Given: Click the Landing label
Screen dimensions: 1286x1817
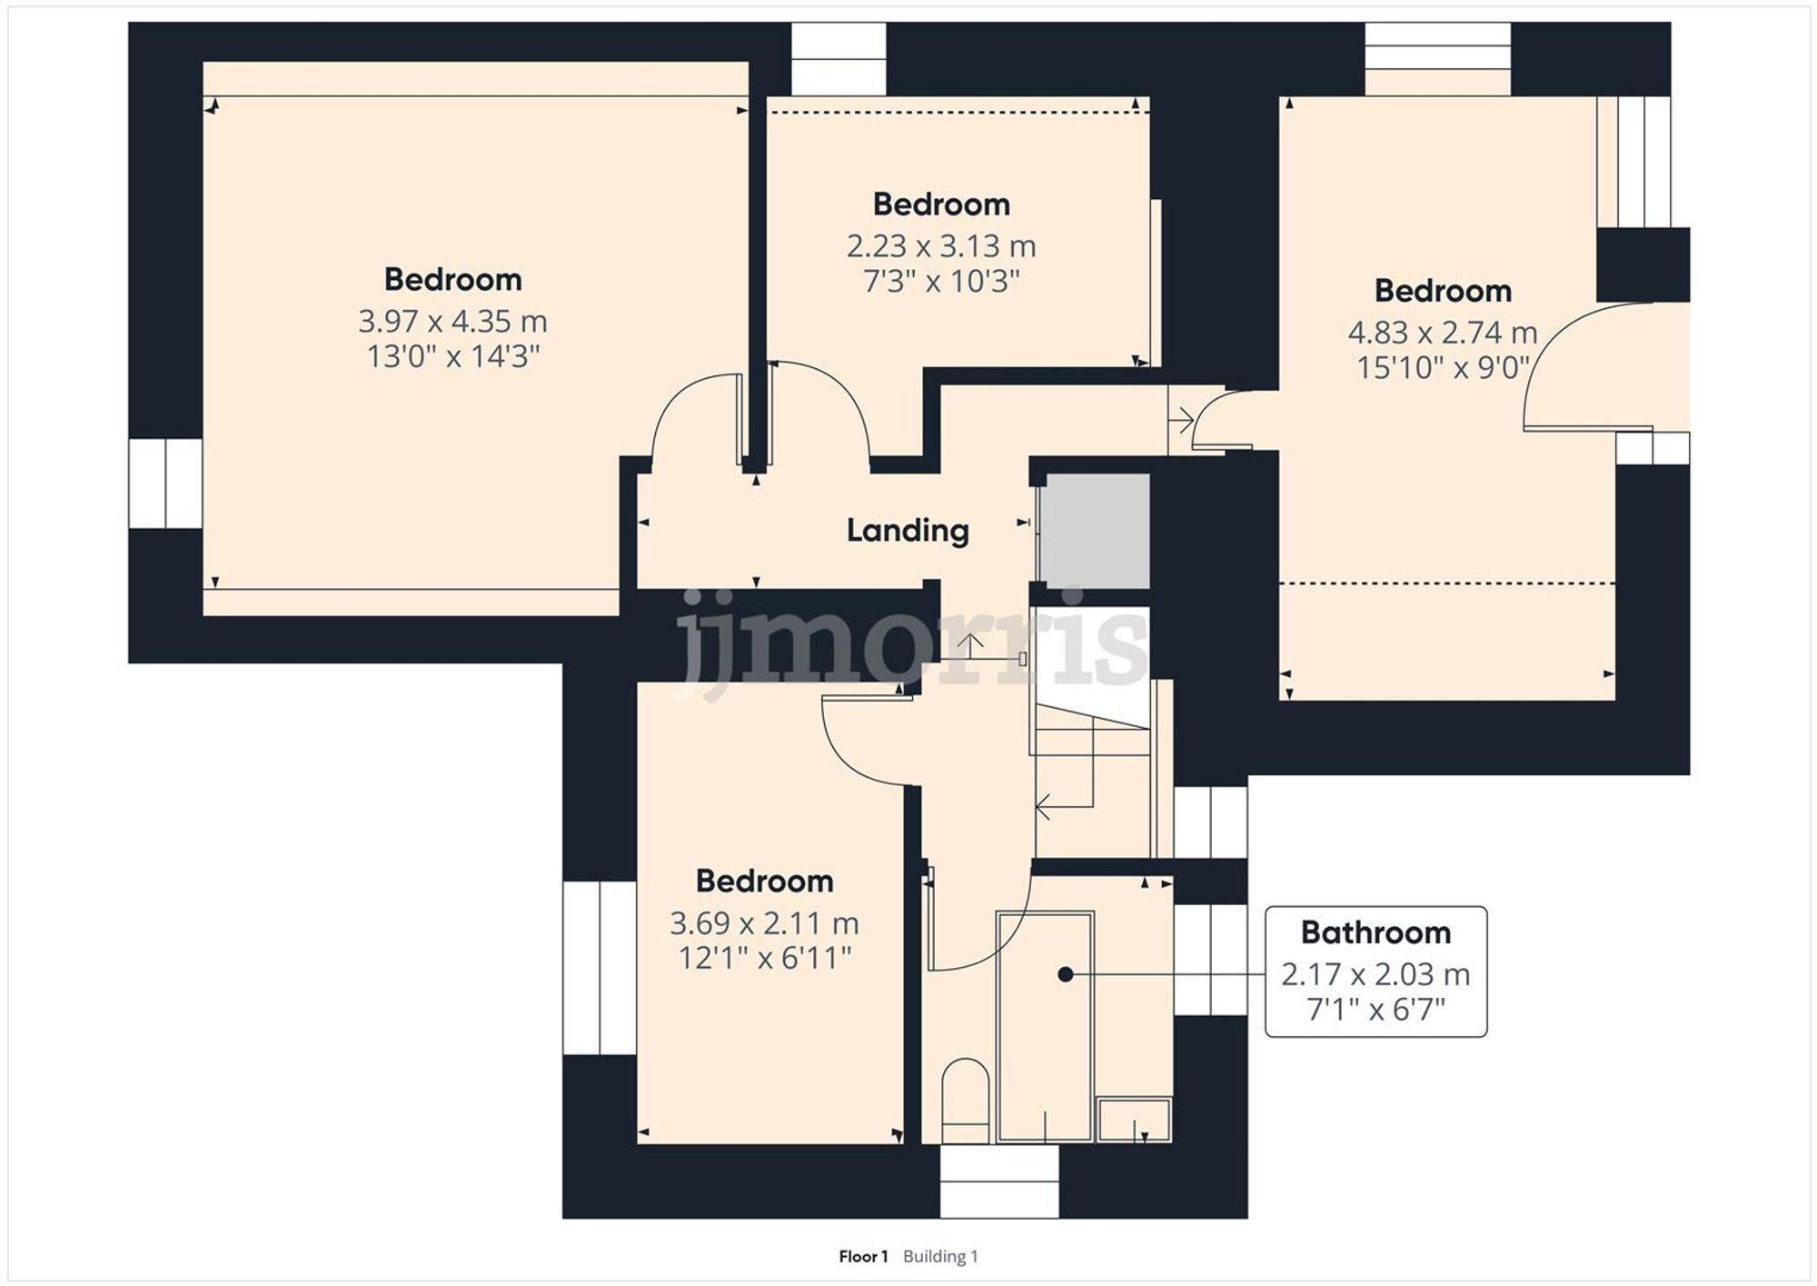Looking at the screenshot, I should point(908,531).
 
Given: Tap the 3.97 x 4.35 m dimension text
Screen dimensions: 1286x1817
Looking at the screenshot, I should point(452,322).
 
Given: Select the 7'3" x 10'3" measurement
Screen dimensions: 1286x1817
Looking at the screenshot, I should point(941,282).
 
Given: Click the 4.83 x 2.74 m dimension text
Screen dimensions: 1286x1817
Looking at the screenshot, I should point(1442,333).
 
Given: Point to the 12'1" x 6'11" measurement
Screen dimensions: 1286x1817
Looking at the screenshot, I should point(764,958).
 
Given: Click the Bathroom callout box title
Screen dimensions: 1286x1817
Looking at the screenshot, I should point(1375,932).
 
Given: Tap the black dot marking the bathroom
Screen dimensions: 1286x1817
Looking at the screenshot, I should point(1066,974).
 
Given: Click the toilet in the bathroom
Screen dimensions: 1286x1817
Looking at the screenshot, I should point(965,1102).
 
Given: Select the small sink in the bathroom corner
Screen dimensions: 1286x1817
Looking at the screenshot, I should point(1134,1120).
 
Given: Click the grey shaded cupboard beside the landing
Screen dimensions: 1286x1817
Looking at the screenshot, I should point(1095,531).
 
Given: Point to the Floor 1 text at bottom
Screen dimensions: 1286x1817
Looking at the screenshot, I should point(862,1257).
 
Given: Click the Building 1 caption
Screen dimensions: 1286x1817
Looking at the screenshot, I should point(940,1257).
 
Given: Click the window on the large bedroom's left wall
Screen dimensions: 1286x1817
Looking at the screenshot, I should point(165,483).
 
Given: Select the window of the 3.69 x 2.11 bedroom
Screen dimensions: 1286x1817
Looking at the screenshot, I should point(600,968).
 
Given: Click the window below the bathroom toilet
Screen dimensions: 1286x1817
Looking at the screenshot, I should point(998,1181).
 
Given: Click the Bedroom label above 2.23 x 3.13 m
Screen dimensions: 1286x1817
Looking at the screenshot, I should point(941,204).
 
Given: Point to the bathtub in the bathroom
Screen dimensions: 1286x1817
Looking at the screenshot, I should point(1045,1027).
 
